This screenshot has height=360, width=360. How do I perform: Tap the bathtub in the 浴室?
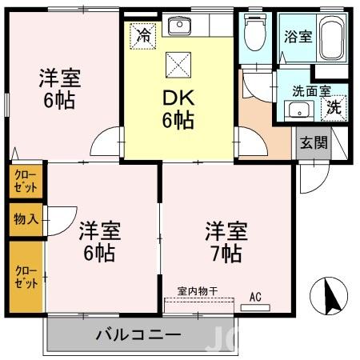point(331,38)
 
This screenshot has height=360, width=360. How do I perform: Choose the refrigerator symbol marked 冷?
point(144,36)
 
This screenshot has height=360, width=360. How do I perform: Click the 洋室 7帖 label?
point(226,242)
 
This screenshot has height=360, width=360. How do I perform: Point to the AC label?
point(255,298)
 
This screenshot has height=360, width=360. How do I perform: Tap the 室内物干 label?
point(198,291)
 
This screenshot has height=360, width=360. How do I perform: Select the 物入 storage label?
point(23,218)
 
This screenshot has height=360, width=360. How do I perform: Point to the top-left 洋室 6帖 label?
point(62,91)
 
